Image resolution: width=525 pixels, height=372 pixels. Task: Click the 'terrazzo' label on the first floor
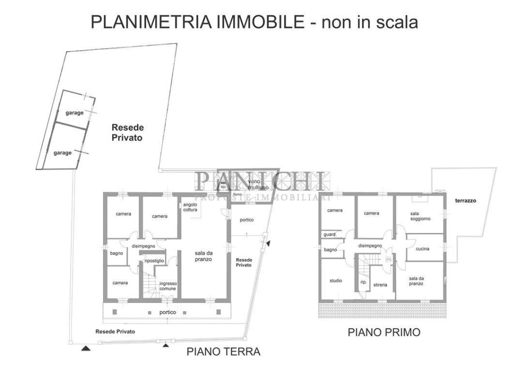pos(465,201)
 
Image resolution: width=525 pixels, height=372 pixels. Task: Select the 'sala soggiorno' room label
pos(420,216)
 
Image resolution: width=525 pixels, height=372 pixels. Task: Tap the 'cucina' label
pos(422,249)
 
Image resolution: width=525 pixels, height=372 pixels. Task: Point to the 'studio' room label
pos(336,281)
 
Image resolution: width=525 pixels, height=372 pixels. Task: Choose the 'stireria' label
pos(380,284)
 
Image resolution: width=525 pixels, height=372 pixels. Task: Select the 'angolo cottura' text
pos(190,207)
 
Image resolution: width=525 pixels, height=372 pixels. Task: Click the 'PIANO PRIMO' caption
pos(384,332)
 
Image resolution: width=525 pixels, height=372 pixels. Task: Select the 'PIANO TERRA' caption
pos(223,352)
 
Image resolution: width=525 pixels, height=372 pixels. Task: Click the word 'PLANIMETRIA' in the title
pos(152,22)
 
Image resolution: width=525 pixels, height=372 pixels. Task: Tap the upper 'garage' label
pos(74,113)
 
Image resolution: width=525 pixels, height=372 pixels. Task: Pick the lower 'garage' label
pos(62,152)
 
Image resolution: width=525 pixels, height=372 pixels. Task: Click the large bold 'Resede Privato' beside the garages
pos(128,133)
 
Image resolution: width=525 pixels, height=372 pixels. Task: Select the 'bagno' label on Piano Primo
pos(330,250)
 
